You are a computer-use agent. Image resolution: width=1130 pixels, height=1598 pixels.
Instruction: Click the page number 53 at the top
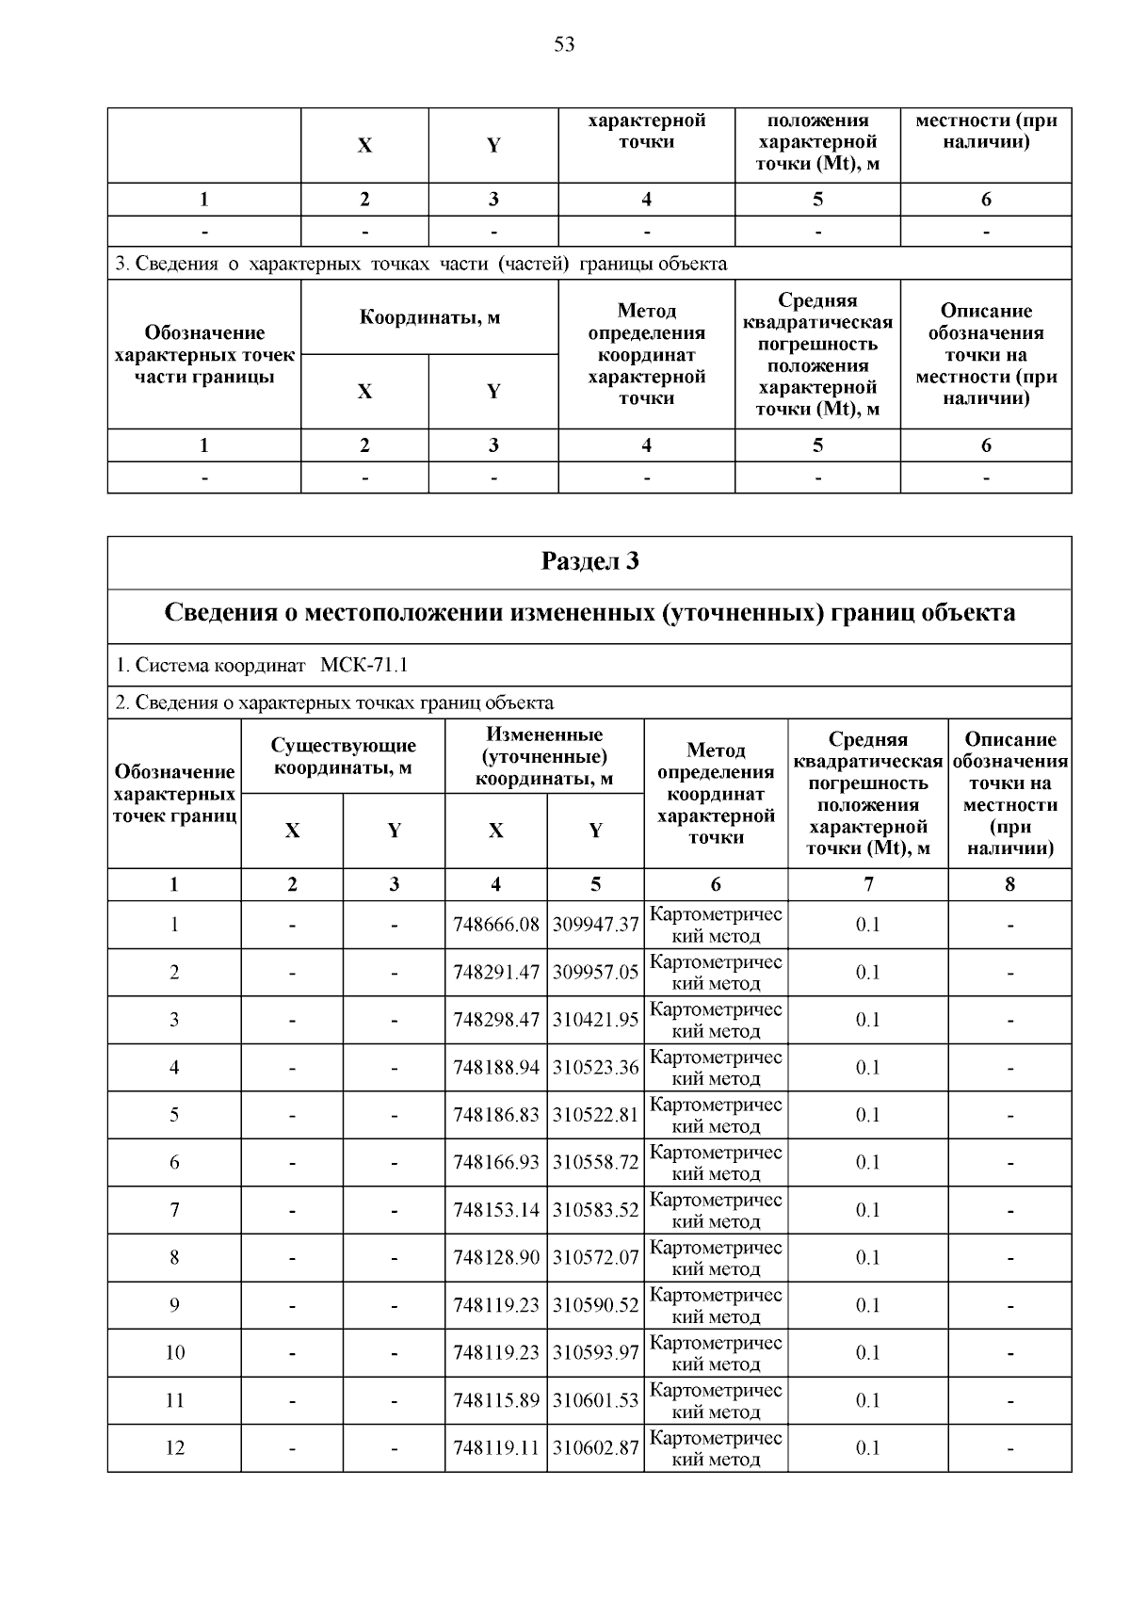pos(564,45)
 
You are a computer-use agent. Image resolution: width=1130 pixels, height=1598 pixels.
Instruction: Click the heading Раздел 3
pos(589,562)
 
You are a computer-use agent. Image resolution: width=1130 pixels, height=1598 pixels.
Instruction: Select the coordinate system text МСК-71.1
pos(363,666)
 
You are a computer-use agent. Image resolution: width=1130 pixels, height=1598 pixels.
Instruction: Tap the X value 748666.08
pos(496,925)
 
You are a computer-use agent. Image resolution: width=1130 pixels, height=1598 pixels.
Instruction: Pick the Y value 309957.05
pos(595,973)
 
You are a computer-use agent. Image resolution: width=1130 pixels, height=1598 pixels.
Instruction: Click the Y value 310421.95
pos(595,1020)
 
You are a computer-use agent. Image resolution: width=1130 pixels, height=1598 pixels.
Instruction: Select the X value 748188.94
pos(496,1068)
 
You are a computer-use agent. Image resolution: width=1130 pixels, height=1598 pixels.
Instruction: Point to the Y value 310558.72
pos(595,1163)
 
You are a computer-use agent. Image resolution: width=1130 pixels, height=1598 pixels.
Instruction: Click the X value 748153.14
pos(496,1210)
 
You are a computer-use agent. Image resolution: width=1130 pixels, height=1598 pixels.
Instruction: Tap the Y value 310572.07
pos(595,1258)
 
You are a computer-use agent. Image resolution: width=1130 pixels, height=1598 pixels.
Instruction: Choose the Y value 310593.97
pos(595,1353)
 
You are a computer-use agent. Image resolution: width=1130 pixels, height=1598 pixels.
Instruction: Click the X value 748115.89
pos(496,1400)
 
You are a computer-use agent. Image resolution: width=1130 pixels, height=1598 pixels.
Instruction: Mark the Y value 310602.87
pos(595,1448)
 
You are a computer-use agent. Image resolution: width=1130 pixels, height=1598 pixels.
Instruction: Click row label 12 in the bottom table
pos(174,1448)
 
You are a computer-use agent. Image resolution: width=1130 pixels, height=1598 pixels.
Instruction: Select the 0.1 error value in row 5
pos(867,1115)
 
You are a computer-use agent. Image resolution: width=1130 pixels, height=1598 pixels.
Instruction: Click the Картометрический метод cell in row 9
pos(716,1305)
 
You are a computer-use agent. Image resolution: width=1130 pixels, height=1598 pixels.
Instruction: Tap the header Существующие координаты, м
pos(343,757)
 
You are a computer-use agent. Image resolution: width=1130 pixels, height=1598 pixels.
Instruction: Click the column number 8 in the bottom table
pos(1009,884)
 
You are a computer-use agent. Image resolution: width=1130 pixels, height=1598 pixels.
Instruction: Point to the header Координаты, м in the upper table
pos(429,317)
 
